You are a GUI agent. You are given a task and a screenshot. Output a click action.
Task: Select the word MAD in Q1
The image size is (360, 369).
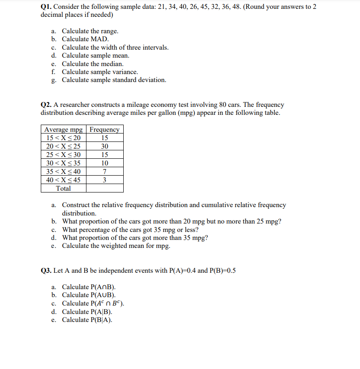[99, 39]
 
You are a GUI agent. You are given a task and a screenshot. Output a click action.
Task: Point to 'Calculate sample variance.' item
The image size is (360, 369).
[100, 72]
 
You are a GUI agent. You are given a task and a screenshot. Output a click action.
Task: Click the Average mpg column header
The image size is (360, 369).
[63, 130]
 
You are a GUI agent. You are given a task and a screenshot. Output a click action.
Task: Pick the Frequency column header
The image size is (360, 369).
[105, 130]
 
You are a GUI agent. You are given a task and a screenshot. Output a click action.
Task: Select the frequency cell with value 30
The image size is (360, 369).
[105, 146]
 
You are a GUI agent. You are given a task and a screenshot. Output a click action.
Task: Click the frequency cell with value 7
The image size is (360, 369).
[105, 172]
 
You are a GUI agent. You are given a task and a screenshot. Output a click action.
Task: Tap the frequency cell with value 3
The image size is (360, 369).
[105, 180]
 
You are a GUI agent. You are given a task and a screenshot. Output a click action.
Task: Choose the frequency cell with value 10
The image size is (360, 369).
[105, 163]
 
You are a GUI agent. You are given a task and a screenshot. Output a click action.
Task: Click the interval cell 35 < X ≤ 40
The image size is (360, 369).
[63, 172]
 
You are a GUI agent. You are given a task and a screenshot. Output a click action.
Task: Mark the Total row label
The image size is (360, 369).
[63, 188]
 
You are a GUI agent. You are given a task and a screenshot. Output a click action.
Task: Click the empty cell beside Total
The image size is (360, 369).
[105, 188]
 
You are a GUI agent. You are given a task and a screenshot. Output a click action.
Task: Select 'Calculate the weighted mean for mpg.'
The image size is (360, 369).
[116, 246]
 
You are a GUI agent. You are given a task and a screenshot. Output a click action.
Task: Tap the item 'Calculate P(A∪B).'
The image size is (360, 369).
[89, 295]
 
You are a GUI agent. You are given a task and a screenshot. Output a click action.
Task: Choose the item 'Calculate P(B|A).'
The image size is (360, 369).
[87, 320]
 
